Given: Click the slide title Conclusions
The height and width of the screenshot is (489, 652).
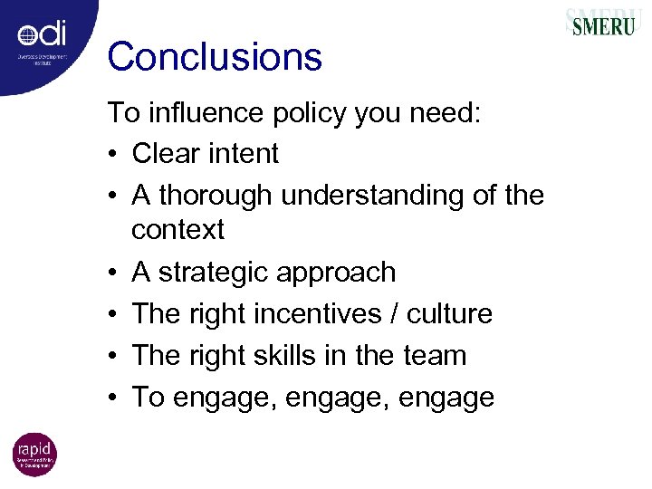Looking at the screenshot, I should (215, 57).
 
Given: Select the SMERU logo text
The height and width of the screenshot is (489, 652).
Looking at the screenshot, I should (602, 24).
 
